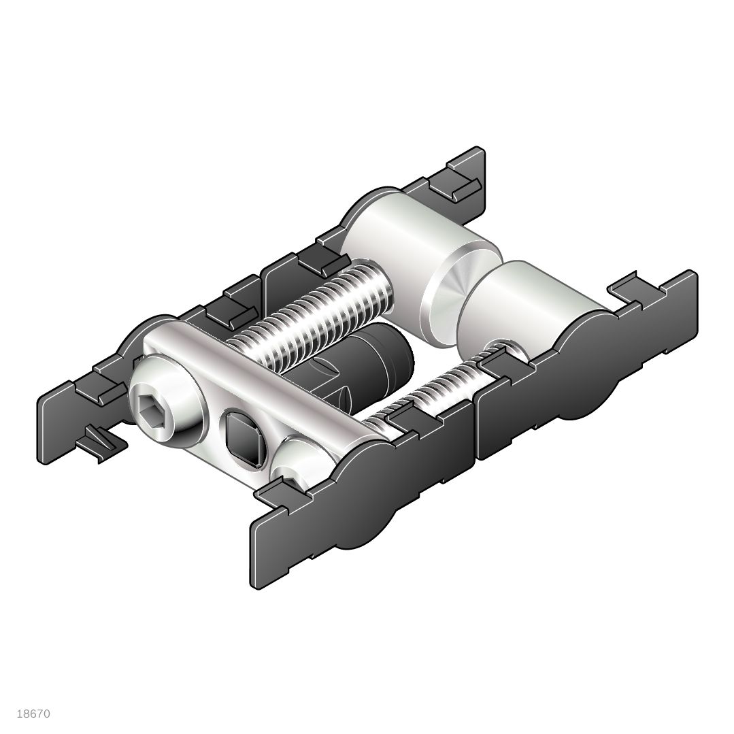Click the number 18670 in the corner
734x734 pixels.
click(x=33, y=714)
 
